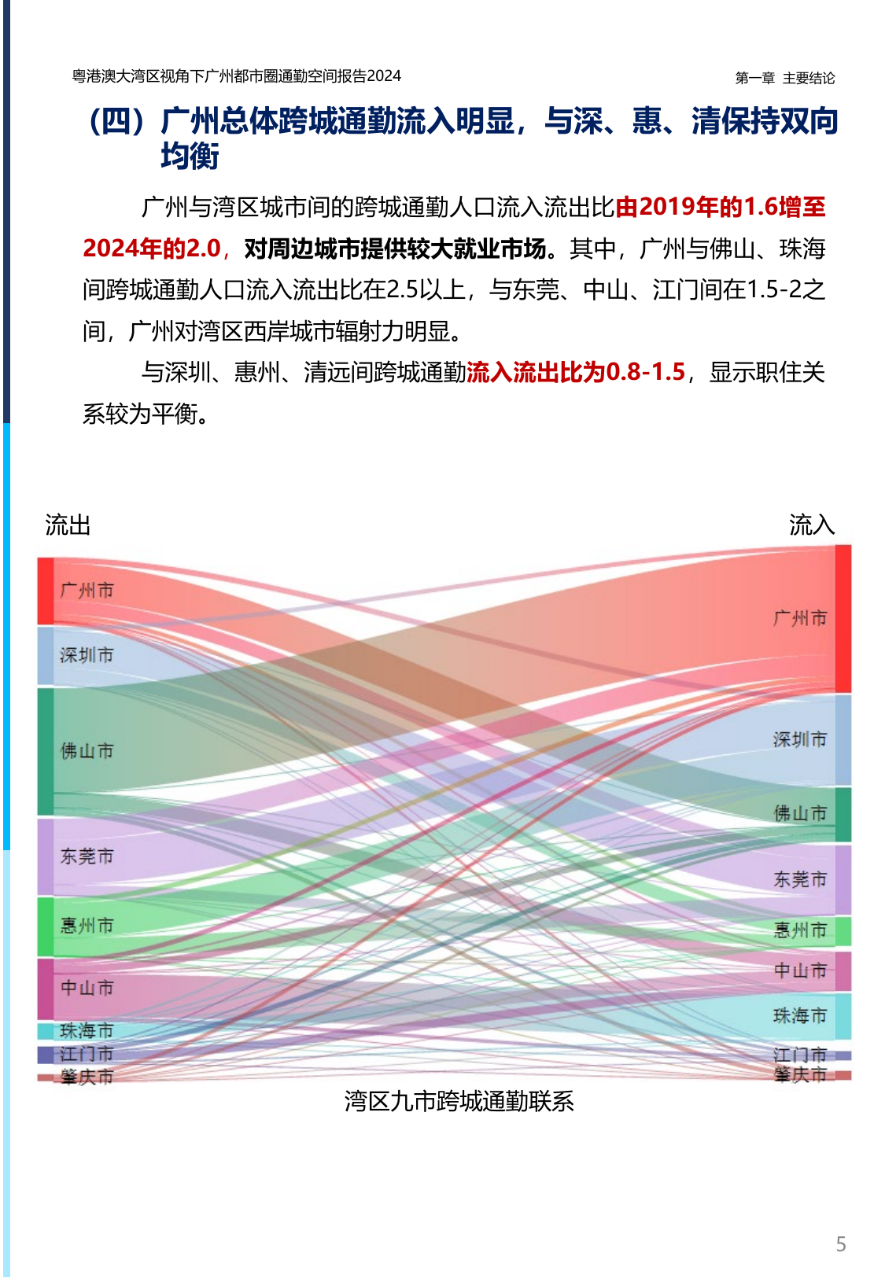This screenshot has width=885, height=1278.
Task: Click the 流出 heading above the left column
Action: pyautogui.click(x=68, y=525)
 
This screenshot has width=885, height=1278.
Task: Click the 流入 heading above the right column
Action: pyautogui.click(x=812, y=525)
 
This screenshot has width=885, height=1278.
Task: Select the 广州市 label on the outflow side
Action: pyautogui.click(x=87, y=590)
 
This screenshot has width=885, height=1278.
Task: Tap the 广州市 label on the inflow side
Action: pyautogui.click(x=800, y=618)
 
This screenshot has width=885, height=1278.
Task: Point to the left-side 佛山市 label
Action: pyautogui.click(x=87, y=751)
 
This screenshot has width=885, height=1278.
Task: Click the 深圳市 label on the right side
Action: pyautogui.click(x=800, y=739)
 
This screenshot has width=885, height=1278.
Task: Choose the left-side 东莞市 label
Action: pyautogui.click(x=87, y=856)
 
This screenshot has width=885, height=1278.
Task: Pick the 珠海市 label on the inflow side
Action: pyautogui.click(x=800, y=1015)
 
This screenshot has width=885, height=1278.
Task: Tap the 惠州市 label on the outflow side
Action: pyautogui.click(x=87, y=925)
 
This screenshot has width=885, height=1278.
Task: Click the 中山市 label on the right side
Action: pyautogui.click(x=800, y=970)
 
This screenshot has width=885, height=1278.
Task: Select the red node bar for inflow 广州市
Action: pyautogui.click(x=843, y=619)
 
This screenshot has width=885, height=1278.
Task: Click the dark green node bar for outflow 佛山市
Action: pyautogui.click(x=46, y=751)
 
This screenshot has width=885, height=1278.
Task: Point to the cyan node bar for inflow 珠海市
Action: pyautogui.click(x=843, y=1016)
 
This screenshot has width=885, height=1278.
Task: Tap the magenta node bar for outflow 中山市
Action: pyautogui.click(x=46, y=988)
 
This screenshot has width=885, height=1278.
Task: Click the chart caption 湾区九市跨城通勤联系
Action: pyautogui.click(x=459, y=1101)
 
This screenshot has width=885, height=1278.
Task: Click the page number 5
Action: pyautogui.click(x=841, y=1244)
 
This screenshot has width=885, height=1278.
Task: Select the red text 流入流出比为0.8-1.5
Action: pyautogui.click(x=576, y=372)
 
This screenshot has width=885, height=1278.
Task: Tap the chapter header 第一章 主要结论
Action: pyautogui.click(x=784, y=78)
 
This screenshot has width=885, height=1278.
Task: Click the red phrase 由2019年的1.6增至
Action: pyautogui.click(x=721, y=207)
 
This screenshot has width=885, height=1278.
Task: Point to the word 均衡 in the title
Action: pyautogui.click(x=190, y=157)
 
